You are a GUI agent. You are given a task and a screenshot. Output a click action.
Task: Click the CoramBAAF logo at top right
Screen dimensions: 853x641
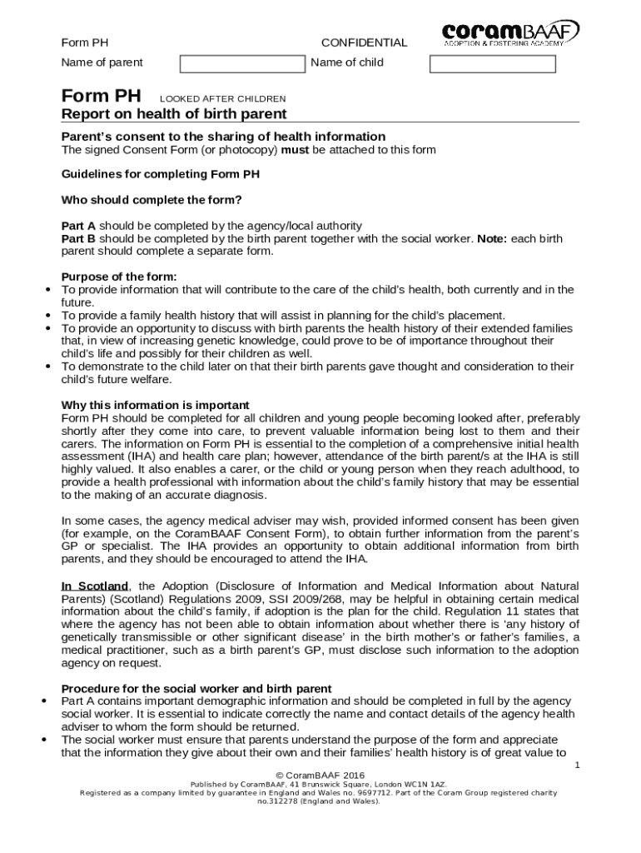click(510, 33)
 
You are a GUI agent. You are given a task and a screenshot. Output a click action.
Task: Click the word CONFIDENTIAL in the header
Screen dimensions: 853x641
click(364, 42)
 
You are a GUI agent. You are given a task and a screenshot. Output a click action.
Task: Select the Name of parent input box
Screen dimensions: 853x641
click(243, 63)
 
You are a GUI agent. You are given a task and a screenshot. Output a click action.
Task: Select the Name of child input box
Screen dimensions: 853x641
click(491, 63)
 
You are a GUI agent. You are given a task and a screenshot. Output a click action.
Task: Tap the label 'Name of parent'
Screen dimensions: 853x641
click(102, 62)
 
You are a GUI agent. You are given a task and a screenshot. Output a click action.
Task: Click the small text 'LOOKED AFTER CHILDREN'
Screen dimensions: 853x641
click(222, 98)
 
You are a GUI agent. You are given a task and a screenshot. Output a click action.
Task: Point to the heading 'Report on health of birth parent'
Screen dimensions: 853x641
click(174, 114)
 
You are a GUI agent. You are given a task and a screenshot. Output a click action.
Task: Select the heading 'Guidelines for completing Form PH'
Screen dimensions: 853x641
click(161, 175)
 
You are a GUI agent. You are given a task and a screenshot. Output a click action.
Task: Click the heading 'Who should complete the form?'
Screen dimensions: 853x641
click(152, 200)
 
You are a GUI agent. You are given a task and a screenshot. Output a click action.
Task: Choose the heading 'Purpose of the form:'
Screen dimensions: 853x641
click(119, 277)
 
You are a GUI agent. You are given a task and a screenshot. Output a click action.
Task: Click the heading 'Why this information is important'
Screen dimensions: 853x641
click(155, 406)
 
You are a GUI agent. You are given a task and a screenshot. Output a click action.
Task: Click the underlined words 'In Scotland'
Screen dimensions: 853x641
click(95, 586)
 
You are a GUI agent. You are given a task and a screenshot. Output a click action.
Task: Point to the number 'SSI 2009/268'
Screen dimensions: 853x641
click(311, 599)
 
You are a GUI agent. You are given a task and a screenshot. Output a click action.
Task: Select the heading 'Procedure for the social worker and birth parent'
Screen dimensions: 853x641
click(196, 689)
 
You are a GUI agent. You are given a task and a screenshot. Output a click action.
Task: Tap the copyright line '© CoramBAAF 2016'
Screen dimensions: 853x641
click(320, 776)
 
